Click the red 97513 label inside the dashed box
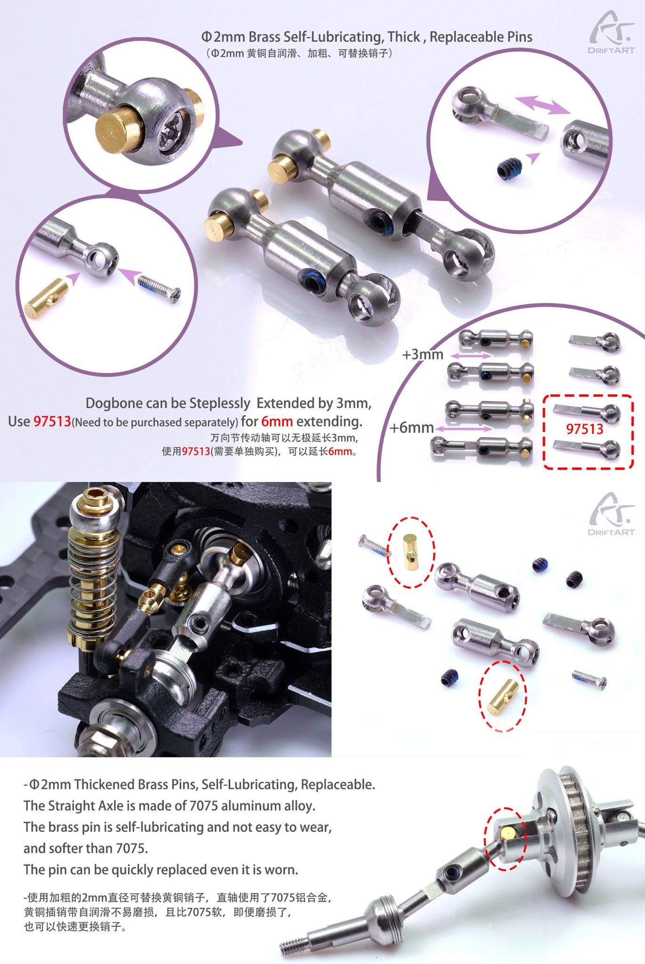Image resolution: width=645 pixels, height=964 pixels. (584, 429)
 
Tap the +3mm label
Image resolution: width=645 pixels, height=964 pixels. (422, 354)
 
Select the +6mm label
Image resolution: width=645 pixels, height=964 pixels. (412, 427)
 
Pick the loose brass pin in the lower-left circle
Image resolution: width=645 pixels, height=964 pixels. (46, 298)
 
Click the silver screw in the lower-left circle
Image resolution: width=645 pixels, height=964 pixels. (159, 289)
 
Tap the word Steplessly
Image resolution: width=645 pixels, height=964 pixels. (220, 403)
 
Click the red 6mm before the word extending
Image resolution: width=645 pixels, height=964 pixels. (277, 421)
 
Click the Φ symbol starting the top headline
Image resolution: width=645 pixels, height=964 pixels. (207, 37)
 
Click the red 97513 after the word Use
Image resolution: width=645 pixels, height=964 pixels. (52, 421)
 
